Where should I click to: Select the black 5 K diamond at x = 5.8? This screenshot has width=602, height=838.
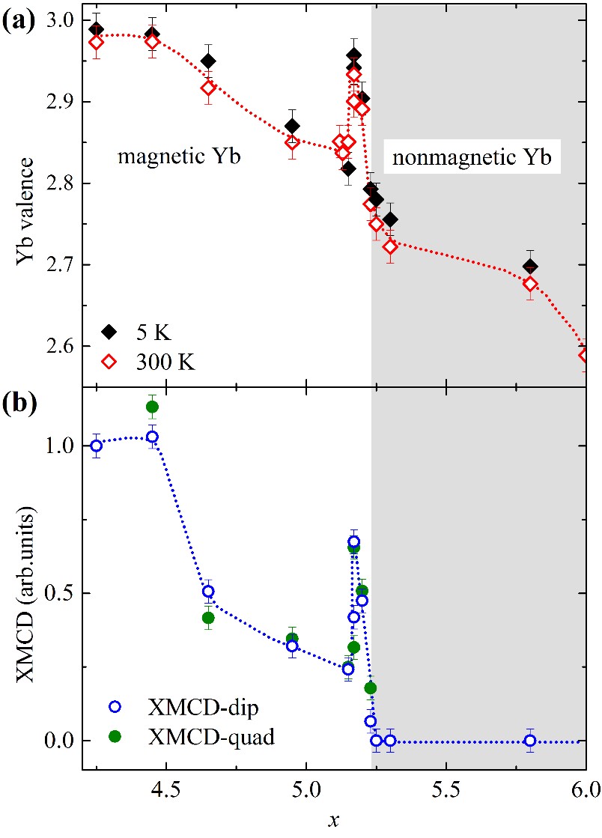[x=530, y=266]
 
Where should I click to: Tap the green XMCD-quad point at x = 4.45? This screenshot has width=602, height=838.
[x=152, y=407]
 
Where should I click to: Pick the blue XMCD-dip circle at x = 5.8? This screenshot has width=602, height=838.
[x=530, y=741]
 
